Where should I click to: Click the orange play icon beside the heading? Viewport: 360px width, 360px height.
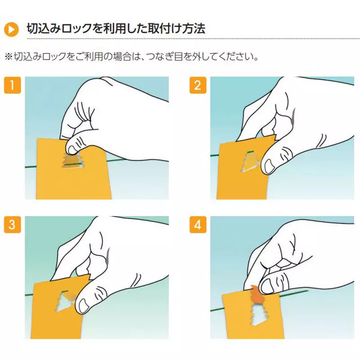pos(11,29)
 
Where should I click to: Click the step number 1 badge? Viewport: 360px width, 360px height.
pos(13,85)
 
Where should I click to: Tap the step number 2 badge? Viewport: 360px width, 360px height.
pos(198,85)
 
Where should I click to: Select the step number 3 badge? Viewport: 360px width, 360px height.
pos(13,225)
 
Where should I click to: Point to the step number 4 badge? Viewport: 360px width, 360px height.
pos(198,225)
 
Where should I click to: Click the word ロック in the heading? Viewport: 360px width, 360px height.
pos(77,29)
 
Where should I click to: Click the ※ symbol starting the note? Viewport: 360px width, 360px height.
pos(9,57)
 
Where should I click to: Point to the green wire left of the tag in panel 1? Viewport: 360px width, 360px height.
pos(31,166)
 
